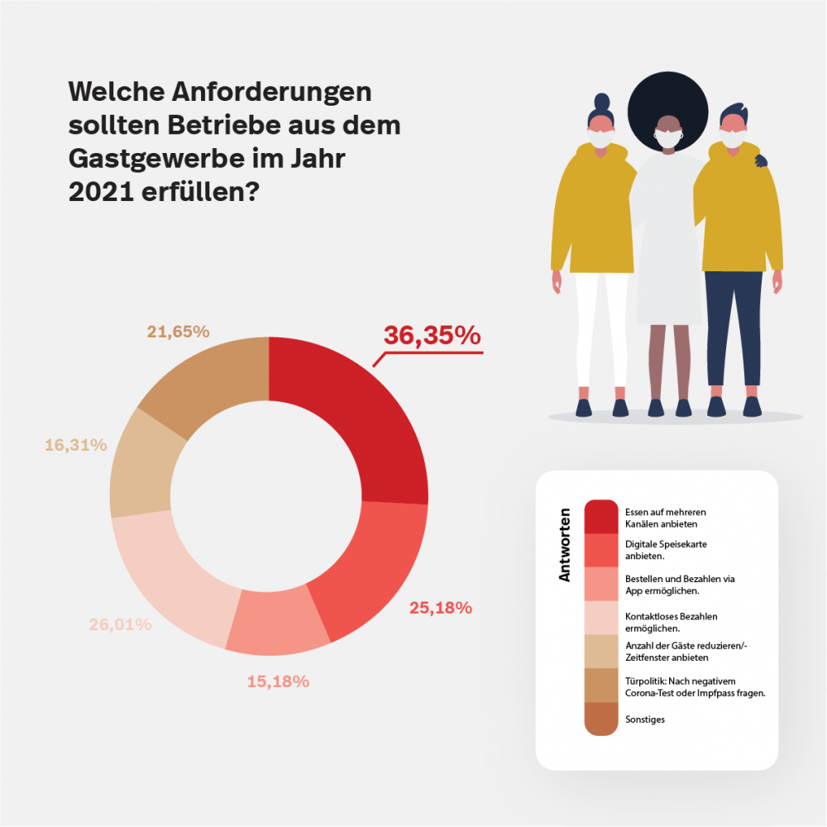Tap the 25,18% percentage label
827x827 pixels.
tap(441, 608)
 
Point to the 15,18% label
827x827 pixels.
tap(278, 681)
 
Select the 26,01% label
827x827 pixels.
tap(120, 624)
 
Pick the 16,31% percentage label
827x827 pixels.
tap(75, 445)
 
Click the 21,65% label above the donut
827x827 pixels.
tap(178, 332)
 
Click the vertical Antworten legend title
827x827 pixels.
tap(565, 544)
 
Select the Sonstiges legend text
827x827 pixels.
tap(645, 719)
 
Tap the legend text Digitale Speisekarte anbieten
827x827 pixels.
tap(666, 550)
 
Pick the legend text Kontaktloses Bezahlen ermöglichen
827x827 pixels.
tap(671, 622)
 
